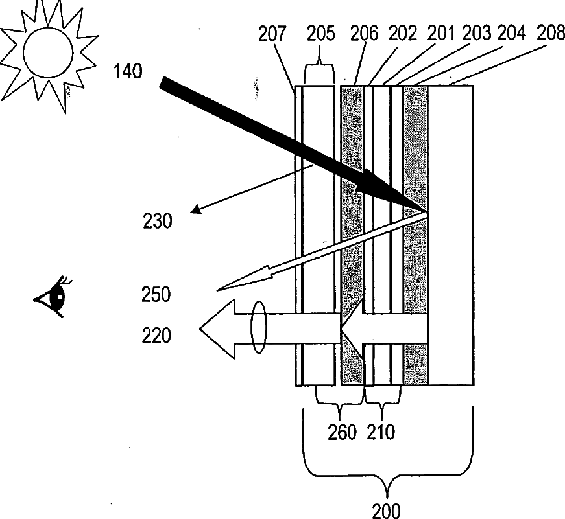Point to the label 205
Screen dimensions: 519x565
[x=321, y=34]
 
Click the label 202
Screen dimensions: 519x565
[x=404, y=34]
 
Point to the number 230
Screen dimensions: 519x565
[x=158, y=222]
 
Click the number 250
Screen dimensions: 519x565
[x=157, y=295]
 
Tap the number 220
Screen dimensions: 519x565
[x=157, y=335]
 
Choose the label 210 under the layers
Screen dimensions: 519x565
[x=381, y=432]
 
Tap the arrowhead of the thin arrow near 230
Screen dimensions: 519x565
[x=194, y=210]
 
